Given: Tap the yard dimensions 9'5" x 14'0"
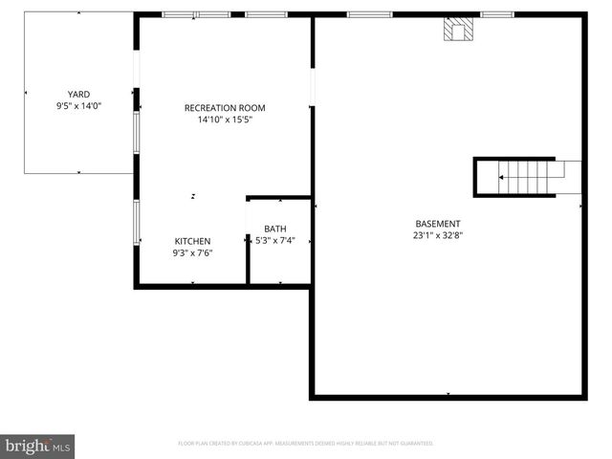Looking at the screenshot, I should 78,106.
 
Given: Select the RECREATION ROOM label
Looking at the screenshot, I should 225,108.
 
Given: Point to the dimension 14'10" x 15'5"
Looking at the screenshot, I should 225,120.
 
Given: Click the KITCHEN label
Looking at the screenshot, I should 192,241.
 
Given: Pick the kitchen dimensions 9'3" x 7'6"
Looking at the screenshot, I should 192,253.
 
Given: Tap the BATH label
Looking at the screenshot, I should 275,229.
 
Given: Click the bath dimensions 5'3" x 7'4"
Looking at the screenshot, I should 275,241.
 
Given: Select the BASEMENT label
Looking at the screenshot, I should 437,223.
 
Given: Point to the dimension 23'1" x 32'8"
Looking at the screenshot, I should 437,235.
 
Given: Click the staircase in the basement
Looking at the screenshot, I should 526,177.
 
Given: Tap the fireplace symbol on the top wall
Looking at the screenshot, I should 457,30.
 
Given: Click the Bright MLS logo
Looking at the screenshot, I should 37,445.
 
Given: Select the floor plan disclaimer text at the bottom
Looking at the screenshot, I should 306,444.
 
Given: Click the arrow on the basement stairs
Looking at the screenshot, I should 503,177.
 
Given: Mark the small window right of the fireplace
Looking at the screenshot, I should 496,14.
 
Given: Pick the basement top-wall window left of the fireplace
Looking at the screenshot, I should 369,14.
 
